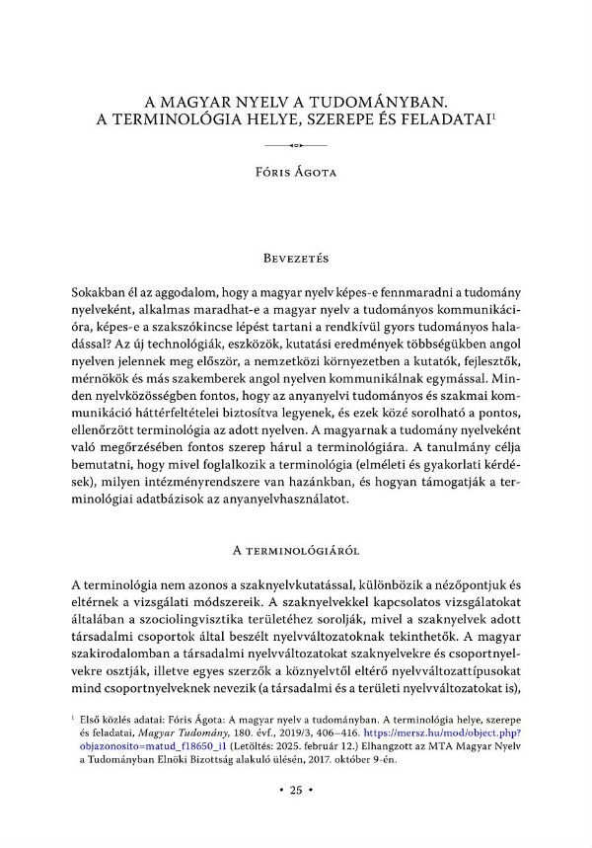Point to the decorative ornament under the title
(295, 146)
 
